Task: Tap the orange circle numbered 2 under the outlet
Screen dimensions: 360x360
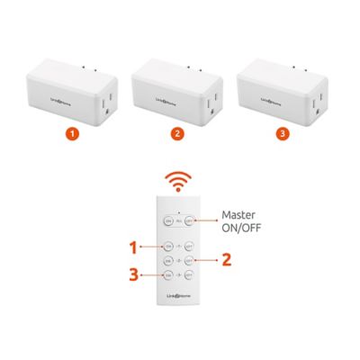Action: (177, 134)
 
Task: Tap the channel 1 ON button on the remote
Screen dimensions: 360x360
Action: (167, 246)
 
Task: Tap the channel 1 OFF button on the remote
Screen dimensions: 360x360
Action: (190, 246)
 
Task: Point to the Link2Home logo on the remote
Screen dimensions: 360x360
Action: (178, 297)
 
